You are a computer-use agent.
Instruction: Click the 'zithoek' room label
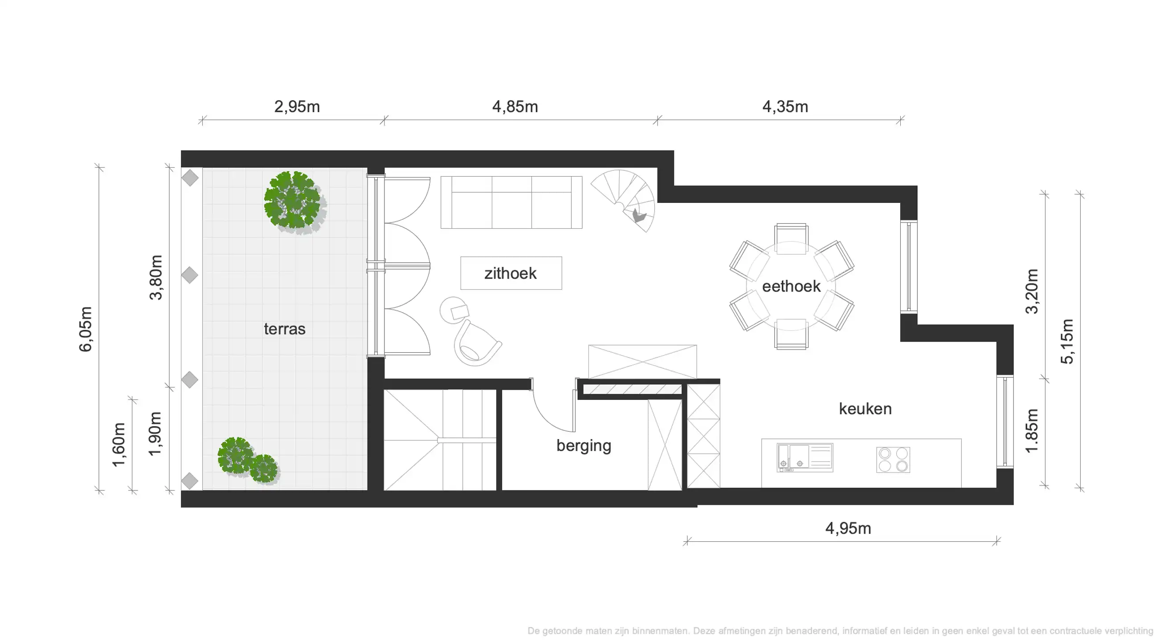pyautogui.click(x=510, y=273)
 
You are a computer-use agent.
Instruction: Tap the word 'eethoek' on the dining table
pyautogui.click(x=791, y=287)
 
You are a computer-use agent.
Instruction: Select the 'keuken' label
pyautogui.click(x=865, y=409)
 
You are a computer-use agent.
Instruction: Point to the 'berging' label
pyautogui.click(x=584, y=445)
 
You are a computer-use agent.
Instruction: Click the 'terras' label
pyautogui.click(x=284, y=329)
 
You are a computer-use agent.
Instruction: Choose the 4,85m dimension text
pyautogui.click(x=515, y=107)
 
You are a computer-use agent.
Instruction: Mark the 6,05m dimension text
pyautogui.click(x=86, y=329)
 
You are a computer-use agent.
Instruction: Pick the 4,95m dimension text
pyautogui.click(x=847, y=528)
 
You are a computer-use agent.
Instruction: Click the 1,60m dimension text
pyautogui.click(x=118, y=444)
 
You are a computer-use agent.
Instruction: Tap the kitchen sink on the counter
pyautogui.click(x=804, y=458)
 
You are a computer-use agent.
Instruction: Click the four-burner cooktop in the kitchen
pyautogui.click(x=893, y=460)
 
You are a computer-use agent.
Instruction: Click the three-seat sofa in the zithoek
pyautogui.click(x=511, y=202)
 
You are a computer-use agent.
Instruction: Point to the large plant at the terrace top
pyautogui.click(x=293, y=200)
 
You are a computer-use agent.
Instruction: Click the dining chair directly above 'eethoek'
pyautogui.click(x=791, y=239)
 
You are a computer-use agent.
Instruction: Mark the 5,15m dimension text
pyautogui.click(x=1067, y=342)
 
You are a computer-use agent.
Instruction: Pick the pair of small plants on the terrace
pyautogui.click(x=247, y=461)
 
